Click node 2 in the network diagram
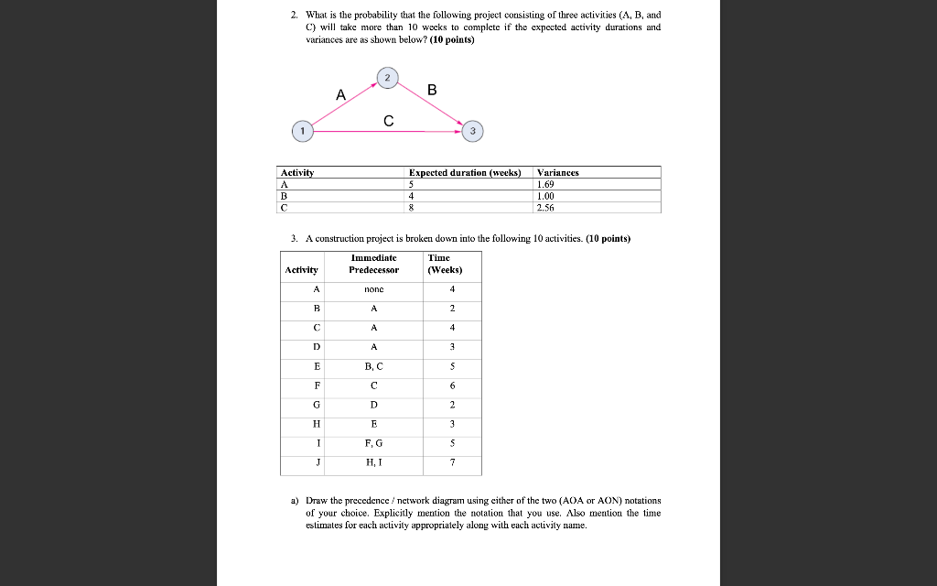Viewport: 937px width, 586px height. click(x=386, y=80)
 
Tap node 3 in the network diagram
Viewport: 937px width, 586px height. click(x=471, y=132)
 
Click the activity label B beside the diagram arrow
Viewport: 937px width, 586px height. click(x=432, y=90)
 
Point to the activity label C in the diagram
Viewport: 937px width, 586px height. click(x=389, y=120)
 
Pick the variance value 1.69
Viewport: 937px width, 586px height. click(x=546, y=184)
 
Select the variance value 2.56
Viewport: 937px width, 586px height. click(x=546, y=207)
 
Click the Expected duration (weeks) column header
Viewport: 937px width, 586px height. click(x=464, y=172)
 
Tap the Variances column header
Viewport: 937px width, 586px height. click(x=558, y=172)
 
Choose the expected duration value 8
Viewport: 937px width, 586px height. click(x=412, y=207)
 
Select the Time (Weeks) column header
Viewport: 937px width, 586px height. click(x=445, y=264)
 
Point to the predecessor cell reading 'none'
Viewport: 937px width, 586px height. click(x=373, y=289)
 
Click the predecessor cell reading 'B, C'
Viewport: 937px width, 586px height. click(x=373, y=366)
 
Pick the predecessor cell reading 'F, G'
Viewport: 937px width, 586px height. click(x=373, y=443)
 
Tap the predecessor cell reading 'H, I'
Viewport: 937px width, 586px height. click(x=373, y=462)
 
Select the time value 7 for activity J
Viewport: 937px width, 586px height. click(x=452, y=462)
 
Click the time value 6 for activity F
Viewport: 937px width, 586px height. click(x=452, y=385)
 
